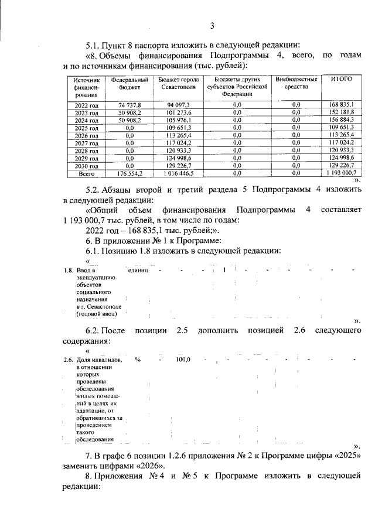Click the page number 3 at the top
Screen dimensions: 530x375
click(x=213, y=25)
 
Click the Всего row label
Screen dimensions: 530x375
click(x=86, y=174)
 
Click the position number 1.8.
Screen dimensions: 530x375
click(x=67, y=271)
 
